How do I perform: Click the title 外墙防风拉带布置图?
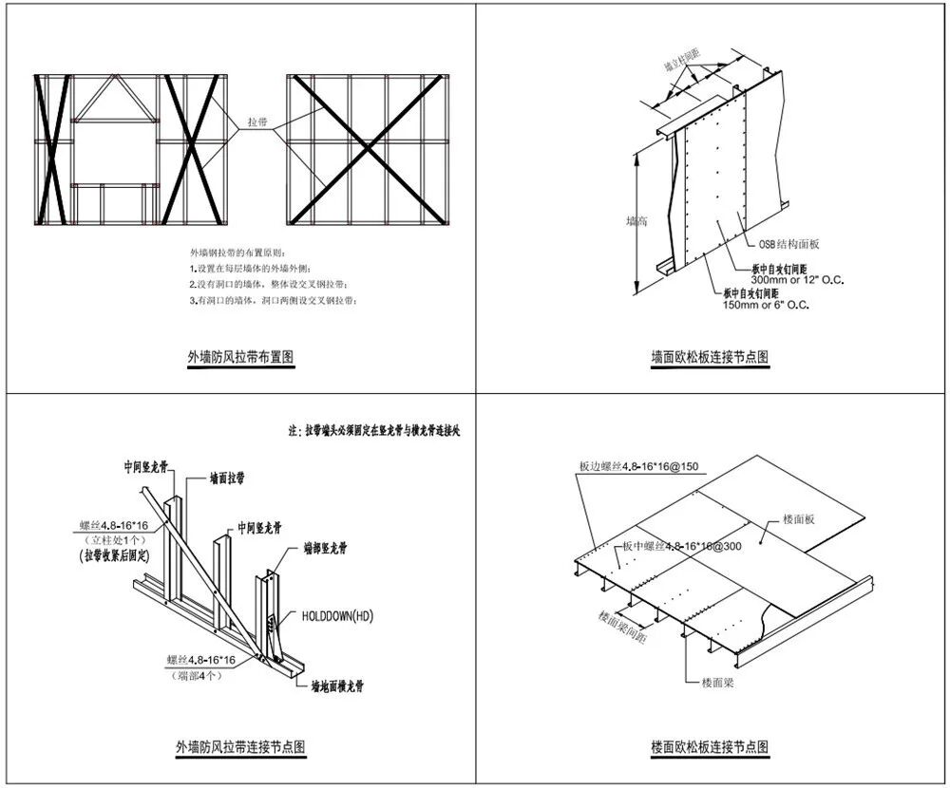click(240, 358)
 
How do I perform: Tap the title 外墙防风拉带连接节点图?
click(240, 746)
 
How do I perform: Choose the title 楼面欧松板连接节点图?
click(711, 747)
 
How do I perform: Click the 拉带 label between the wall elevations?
click(257, 122)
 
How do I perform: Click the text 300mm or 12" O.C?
click(797, 280)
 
